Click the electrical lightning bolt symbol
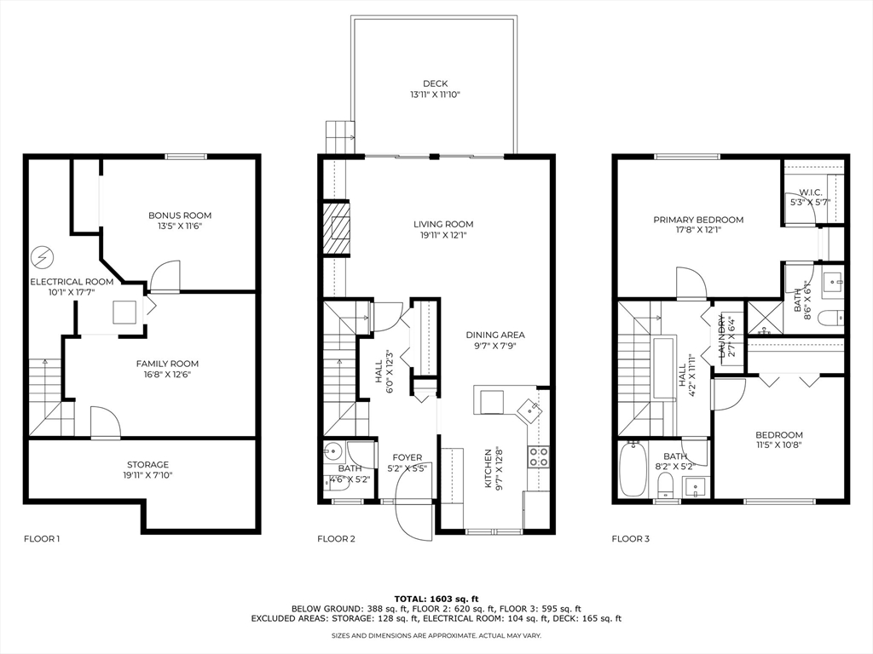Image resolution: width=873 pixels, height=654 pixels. click(x=41, y=256)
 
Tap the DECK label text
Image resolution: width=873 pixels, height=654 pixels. click(x=435, y=83)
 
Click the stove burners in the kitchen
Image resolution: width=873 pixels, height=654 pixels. click(x=539, y=456)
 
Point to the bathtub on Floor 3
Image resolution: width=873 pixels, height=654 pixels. click(x=633, y=469)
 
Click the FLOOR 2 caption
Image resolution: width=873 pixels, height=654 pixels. click(x=336, y=538)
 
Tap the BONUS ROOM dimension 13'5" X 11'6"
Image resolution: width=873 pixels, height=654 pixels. click(x=180, y=227)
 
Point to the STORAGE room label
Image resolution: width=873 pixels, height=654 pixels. click(x=148, y=464)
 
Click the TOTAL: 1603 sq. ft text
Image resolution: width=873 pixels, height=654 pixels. click(x=436, y=598)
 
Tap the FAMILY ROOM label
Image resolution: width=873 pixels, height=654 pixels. click(x=167, y=364)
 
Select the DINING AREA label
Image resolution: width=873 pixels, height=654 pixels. click(x=495, y=335)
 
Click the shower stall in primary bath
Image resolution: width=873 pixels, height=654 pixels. click(x=765, y=316)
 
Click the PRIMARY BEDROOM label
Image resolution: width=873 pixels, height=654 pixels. click(x=698, y=220)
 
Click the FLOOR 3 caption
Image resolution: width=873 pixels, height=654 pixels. click(x=630, y=538)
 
